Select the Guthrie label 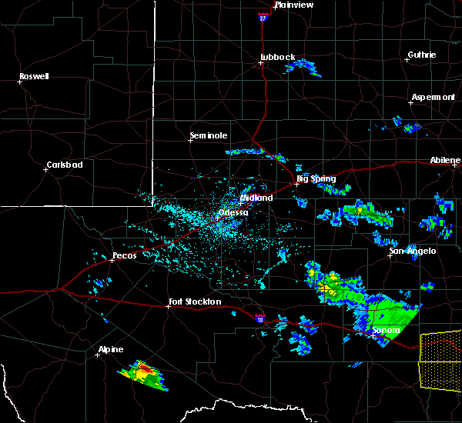421,55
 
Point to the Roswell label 34,76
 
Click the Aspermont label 433,97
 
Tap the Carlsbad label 65,164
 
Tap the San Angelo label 412,251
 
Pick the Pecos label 124,255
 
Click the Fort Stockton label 196,301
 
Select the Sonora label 386,331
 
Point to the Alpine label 111,349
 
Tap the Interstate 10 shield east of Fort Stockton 259,316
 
